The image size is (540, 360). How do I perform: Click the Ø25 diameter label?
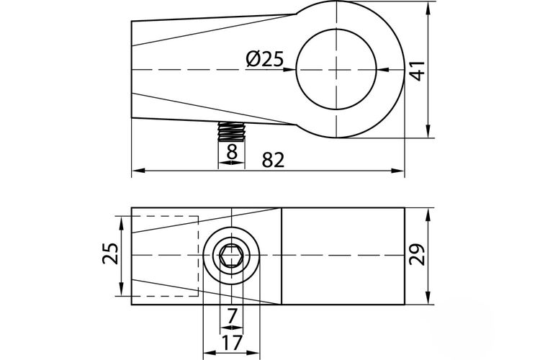265,59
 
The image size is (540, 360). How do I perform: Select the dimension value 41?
419,71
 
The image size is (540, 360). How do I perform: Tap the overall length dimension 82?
273,160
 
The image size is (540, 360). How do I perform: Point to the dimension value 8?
232,152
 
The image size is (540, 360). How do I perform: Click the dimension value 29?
417,255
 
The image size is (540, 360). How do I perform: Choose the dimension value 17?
231,343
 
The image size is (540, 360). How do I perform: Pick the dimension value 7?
232,315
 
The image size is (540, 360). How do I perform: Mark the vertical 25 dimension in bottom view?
111,253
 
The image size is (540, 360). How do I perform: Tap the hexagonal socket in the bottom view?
231,256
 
